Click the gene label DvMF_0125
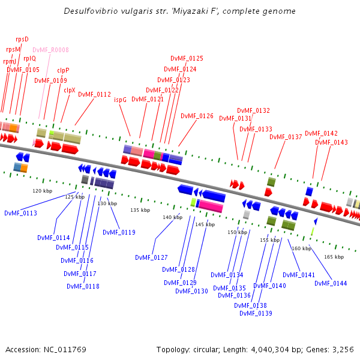[187, 58]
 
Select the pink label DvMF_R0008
[50, 50]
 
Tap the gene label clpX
[70, 90]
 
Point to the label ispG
[120, 100]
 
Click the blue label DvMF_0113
[20, 213]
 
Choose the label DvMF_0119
[119, 232]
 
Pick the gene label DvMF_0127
[151, 257]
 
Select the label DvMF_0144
[331, 283]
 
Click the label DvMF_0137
[286, 137]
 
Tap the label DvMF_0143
[331, 142]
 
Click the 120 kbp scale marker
[42, 191]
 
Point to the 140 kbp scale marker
[172, 217]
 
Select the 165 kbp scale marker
[334, 257]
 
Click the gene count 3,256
[343, 349]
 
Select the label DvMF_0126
[197, 116]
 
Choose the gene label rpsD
[22, 39]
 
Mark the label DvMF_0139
[256, 313]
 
